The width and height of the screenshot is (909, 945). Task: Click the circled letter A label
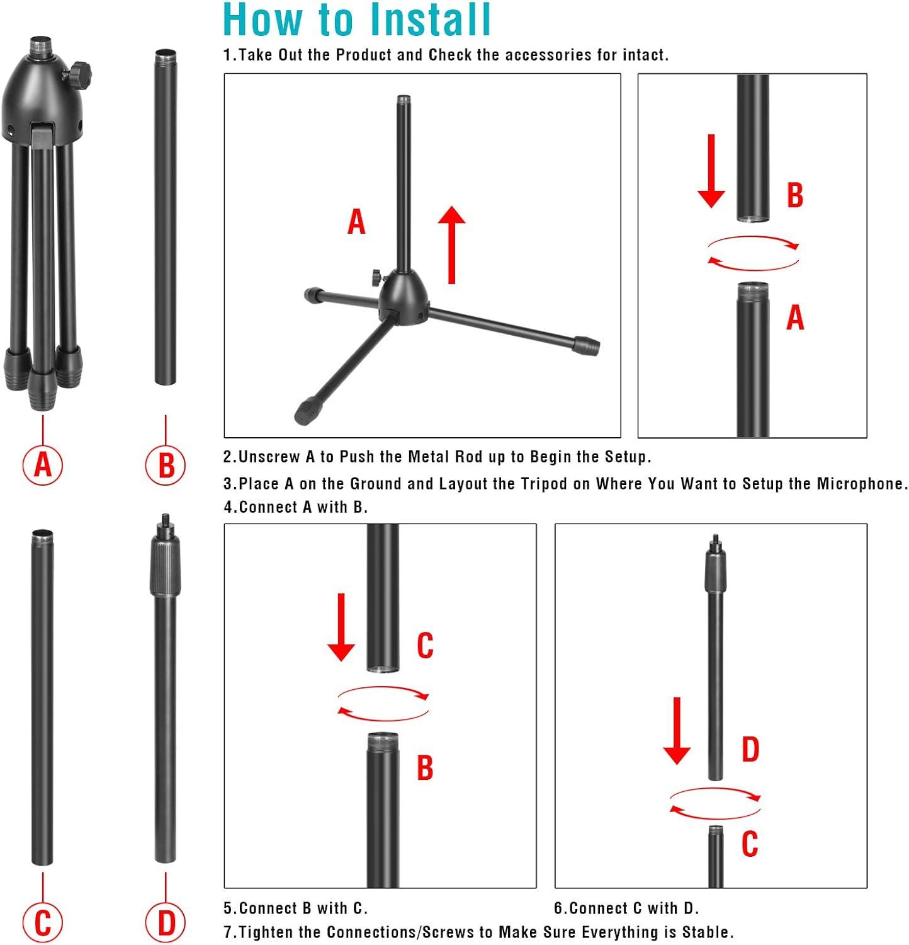(x=43, y=465)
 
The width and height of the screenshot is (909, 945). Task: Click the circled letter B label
(x=166, y=466)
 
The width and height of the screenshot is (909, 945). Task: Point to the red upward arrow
(x=451, y=244)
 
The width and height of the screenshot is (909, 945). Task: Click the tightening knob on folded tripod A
(x=81, y=71)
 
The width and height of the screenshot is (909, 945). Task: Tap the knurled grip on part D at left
(x=165, y=566)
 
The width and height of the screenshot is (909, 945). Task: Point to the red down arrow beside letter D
(x=677, y=731)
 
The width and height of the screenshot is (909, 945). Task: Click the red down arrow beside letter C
(x=341, y=627)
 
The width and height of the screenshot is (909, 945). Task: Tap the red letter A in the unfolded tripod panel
(x=356, y=222)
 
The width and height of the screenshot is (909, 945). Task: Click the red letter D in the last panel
(x=750, y=749)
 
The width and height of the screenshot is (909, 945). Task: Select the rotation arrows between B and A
(x=753, y=253)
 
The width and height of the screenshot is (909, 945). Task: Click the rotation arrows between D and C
(x=714, y=804)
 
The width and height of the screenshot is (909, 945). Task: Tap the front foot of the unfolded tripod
(x=307, y=411)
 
